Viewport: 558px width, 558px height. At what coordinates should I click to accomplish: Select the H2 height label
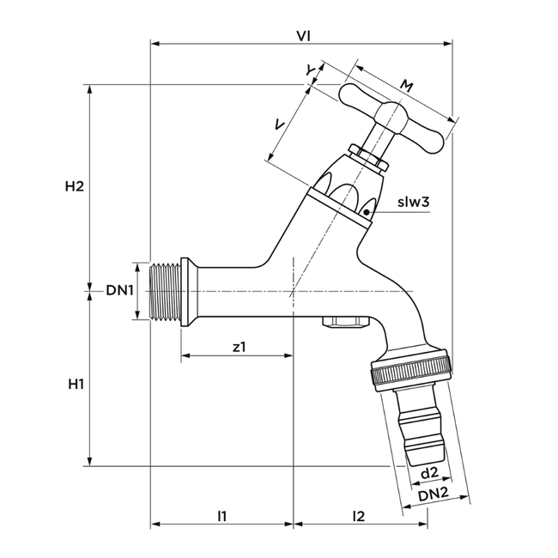[75, 186]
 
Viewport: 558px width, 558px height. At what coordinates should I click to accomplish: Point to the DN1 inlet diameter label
[120, 290]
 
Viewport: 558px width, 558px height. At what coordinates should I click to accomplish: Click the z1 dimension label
[240, 347]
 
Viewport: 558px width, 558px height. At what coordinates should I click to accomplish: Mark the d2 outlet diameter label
[429, 473]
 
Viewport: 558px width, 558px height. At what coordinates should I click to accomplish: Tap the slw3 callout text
[413, 203]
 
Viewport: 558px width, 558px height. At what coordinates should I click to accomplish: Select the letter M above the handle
[407, 84]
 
